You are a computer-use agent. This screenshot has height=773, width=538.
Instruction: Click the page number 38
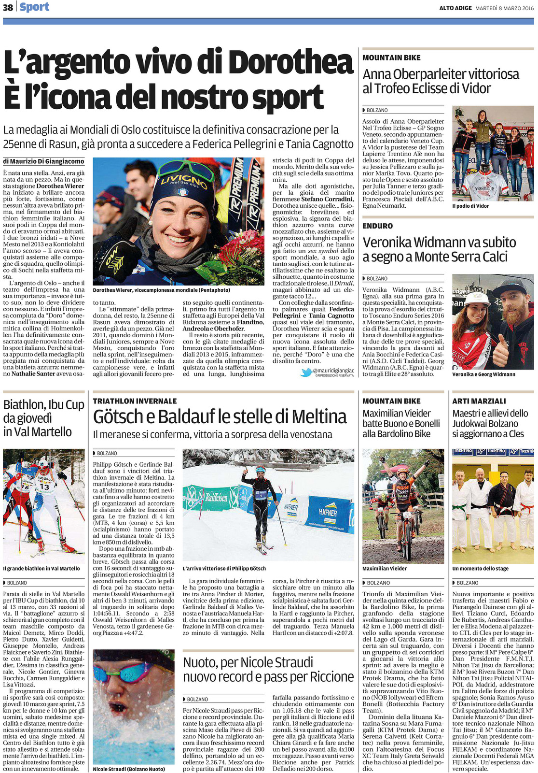(8, 7)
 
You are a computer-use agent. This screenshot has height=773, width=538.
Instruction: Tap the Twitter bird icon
(306, 372)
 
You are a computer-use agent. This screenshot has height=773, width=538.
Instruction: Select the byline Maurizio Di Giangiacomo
(43, 161)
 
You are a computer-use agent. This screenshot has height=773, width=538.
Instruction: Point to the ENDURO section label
(377, 226)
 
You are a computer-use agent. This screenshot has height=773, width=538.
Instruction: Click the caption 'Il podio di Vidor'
(470, 206)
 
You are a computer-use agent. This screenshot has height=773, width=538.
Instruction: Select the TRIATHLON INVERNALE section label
(135, 401)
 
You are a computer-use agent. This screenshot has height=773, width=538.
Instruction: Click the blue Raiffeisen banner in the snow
(212, 497)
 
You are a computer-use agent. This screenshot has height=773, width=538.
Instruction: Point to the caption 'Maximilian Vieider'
(385, 569)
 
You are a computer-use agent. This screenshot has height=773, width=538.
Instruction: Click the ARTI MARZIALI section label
(479, 401)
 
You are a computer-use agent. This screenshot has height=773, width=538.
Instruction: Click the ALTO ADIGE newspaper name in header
(455, 8)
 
